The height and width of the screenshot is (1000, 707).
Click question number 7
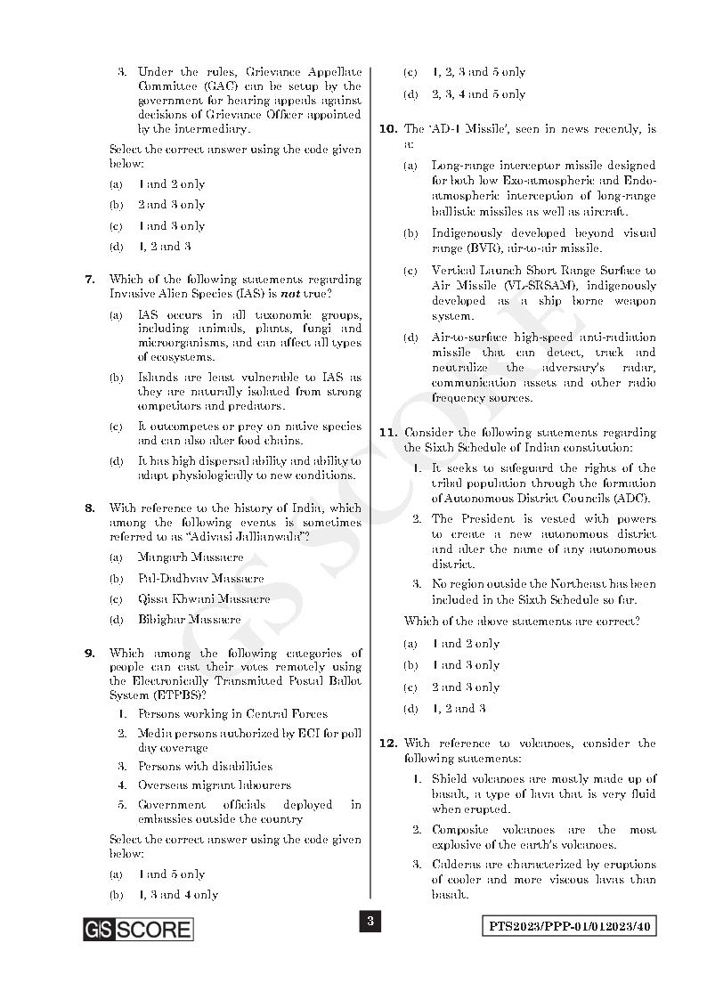(x=90, y=280)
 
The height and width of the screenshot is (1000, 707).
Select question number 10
(x=387, y=129)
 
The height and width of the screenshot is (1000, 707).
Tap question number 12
(x=387, y=744)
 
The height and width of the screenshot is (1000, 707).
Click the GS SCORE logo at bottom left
(x=138, y=930)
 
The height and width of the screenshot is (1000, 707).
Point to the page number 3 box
(x=370, y=921)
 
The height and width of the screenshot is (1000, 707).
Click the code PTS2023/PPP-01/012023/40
(x=570, y=926)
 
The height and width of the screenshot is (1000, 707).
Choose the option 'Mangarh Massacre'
(x=190, y=557)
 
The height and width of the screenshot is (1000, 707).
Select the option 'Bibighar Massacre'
(x=189, y=619)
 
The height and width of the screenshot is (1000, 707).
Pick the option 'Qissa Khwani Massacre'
(x=203, y=598)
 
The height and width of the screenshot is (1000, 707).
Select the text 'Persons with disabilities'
(x=205, y=766)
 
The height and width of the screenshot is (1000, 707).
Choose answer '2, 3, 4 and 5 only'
(x=478, y=94)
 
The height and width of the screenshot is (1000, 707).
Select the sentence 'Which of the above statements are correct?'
(x=522, y=622)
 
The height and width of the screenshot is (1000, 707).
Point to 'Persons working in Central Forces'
(x=232, y=714)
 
